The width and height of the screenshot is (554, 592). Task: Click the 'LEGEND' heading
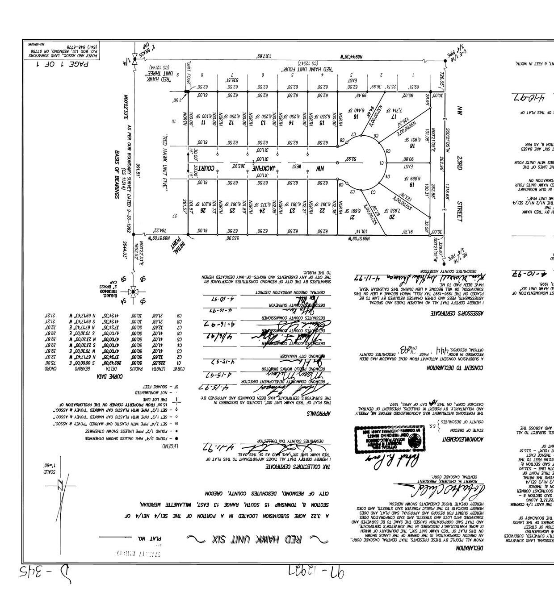point(170,446)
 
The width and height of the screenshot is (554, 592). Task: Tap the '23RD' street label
point(460,163)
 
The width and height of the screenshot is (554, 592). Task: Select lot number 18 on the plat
point(412,145)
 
